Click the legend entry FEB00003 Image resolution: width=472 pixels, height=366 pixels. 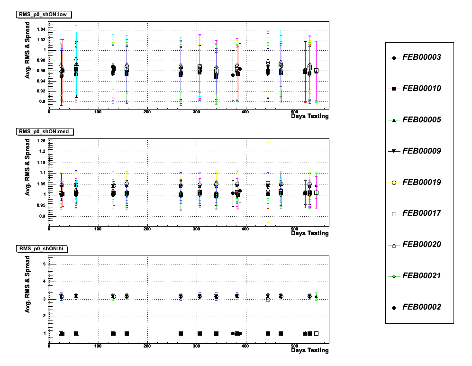(x=421, y=57)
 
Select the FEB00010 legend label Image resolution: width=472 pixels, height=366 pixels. (x=421, y=89)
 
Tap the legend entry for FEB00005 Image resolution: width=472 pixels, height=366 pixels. (x=421, y=120)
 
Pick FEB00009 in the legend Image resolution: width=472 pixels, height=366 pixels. (x=421, y=151)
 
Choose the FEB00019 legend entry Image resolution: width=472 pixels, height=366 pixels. (x=421, y=182)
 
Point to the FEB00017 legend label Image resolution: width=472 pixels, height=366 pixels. (x=421, y=213)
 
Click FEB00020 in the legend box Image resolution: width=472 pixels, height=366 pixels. (x=421, y=245)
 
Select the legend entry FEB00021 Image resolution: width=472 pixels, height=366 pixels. (x=421, y=276)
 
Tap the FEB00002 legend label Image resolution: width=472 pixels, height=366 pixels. (x=421, y=307)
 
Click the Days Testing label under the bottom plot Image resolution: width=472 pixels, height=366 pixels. (x=309, y=350)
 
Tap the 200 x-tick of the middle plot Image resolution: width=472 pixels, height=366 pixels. (x=147, y=229)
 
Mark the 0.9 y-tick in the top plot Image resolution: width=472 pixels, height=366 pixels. (x=43, y=101)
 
